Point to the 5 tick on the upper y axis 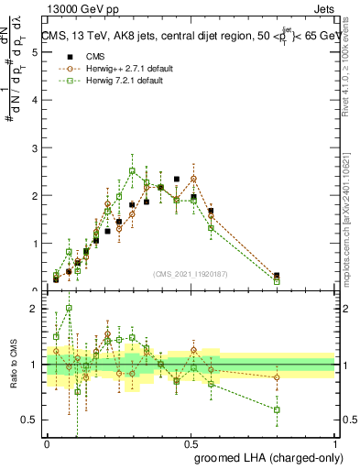coord(34,53)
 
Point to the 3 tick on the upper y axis coord(34,148)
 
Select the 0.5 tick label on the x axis coord(191,443)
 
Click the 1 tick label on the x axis coord(335,443)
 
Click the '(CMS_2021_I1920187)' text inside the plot coord(190,273)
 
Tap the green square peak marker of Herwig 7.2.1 coord(133,170)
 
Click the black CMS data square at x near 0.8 coord(277,275)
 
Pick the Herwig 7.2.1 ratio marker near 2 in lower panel coord(69,309)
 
